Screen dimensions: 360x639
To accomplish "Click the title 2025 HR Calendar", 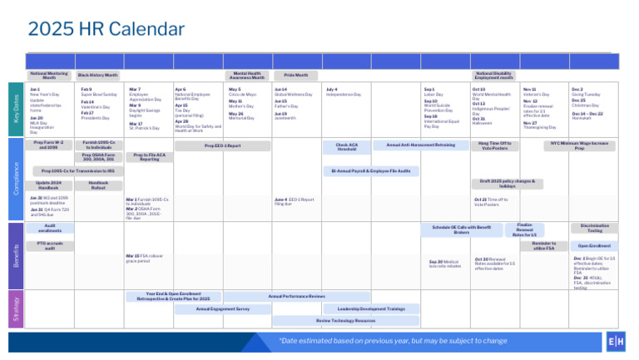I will (x=106, y=29).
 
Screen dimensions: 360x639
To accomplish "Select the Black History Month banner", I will (x=98, y=75).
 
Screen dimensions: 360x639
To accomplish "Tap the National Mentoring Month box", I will (x=49, y=75).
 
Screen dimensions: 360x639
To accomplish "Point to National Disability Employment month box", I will (x=493, y=75).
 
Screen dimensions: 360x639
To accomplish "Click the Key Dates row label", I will (x=16, y=108).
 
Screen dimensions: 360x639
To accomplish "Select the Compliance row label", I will (x=16, y=178).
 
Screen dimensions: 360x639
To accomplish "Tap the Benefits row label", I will (x=16, y=254).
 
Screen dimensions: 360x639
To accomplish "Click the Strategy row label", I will (x=16, y=308).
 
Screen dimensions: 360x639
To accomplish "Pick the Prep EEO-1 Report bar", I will (x=222, y=145).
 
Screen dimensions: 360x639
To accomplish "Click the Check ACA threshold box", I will (x=347, y=146).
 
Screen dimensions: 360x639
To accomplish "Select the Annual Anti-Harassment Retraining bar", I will (x=421, y=145).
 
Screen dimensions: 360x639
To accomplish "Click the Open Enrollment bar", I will (x=594, y=246).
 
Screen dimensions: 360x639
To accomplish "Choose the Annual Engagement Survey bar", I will (x=222, y=308).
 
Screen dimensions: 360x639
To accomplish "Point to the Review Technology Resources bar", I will (x=347, y=320).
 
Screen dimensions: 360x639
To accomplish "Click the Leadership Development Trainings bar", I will (x=371, y=308).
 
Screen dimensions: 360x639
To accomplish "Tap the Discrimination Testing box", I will (x=594, y=228).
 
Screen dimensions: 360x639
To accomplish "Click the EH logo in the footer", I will (x=616, y=342).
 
